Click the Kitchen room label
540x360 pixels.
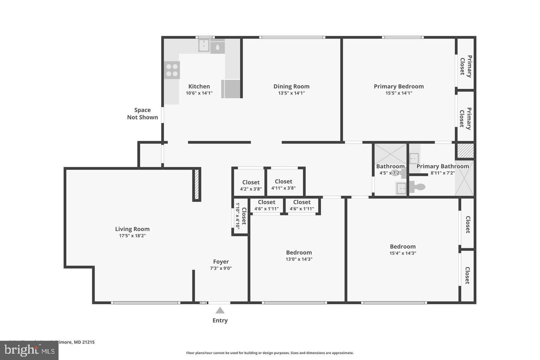click(199, 86)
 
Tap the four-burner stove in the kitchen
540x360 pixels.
click(172, 70)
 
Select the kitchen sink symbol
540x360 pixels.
click(204, 46)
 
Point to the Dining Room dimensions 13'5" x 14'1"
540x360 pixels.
click(291, 93)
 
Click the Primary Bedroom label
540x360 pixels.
click(399, 86)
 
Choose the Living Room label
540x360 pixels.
click(132, 229)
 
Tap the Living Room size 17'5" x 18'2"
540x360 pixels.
click(132, 236)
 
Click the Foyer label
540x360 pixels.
click(221, 262)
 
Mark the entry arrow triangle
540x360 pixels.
click(220, 310)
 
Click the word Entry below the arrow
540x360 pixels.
click(220, 320)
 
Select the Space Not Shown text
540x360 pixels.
click(142, 114)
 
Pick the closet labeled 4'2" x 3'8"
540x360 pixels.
click(250, 185)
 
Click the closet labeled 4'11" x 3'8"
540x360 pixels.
click(283, 184)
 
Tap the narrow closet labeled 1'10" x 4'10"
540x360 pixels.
click(240, 216)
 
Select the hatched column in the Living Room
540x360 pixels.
click(196, 185)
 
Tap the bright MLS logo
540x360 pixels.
click(29, 350)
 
